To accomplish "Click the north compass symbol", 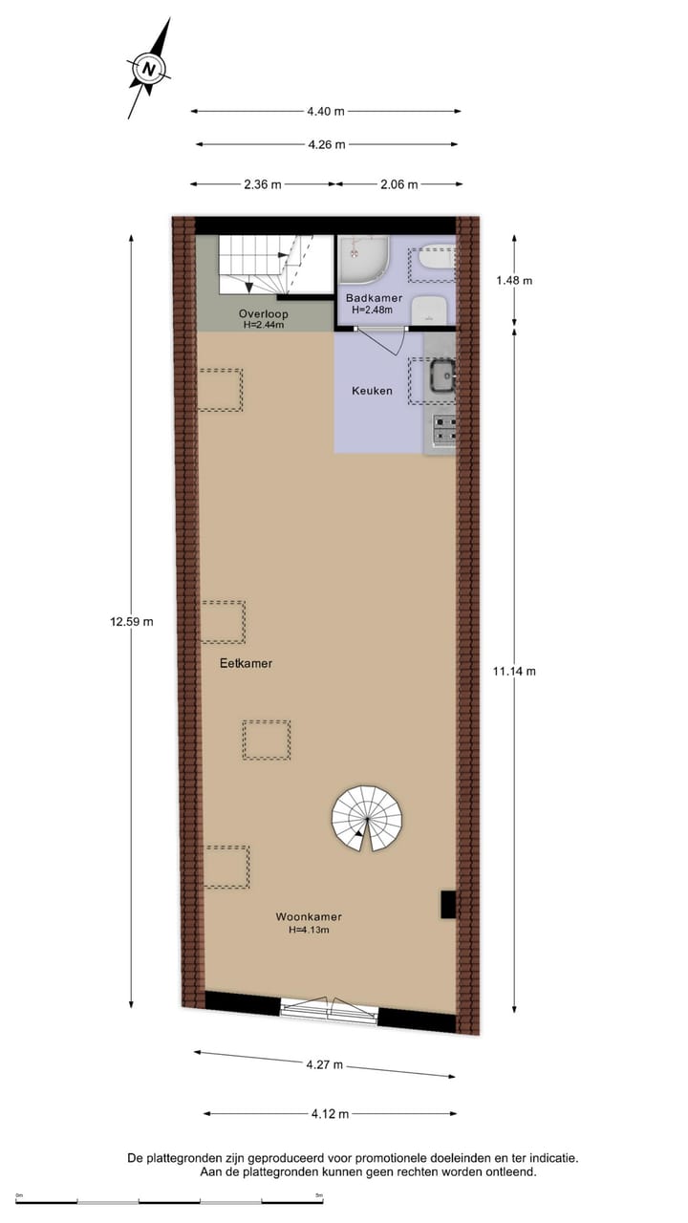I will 148,69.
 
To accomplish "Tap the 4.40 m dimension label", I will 326,112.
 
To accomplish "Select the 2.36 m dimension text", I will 263,184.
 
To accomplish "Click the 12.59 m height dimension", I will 131,621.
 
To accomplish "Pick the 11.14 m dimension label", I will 514,671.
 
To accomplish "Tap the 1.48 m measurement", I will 514,280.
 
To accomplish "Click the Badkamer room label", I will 375,298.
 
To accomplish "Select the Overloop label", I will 263,313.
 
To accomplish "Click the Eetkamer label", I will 246,662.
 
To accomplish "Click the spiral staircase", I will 368,818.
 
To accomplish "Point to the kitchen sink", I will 441,376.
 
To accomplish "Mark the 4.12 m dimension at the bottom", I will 330,1113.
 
